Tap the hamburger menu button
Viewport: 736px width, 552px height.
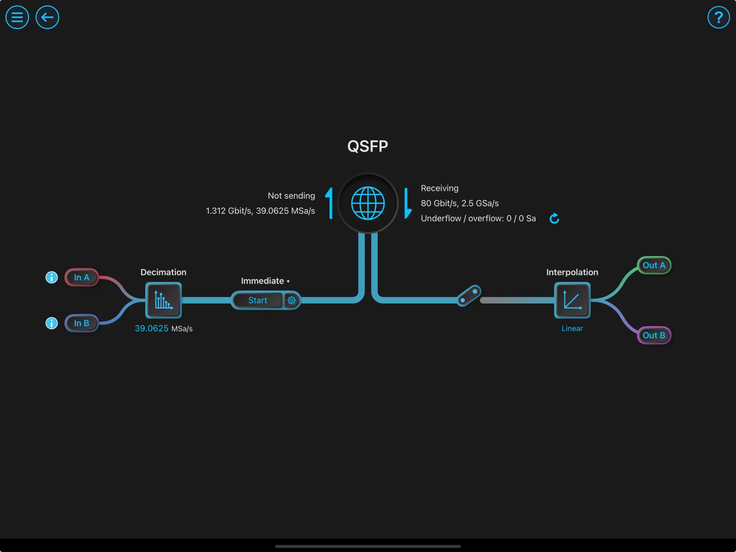[17, 17]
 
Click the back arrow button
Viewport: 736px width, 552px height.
[47, 17]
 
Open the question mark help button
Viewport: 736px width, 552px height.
[718, 17]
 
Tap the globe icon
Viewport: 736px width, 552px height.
[368, 203]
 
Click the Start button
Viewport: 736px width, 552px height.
[258, 300]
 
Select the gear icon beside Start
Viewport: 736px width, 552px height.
[292, 300]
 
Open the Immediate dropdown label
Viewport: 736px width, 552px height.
[265, 281]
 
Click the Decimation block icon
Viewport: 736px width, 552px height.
[163, 300]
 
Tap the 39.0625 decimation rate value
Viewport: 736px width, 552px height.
[152, 328]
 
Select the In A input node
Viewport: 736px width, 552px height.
[82, 277]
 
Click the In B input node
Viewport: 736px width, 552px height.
[82, 323]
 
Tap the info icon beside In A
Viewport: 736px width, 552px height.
[51, 277]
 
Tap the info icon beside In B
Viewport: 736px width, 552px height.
[51, 323]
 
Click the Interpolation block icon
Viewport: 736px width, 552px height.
[572, 300]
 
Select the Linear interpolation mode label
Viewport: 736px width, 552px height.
[572, 328]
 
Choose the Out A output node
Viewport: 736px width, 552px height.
[654, 265]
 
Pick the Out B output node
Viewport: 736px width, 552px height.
[654, 335]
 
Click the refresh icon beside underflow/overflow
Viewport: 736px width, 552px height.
[554, 218]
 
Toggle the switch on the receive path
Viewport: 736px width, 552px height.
[469, 296]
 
